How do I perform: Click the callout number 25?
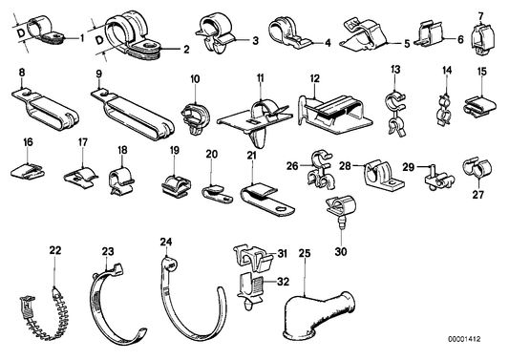click(306, 254)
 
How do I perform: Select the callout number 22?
click(55, 250)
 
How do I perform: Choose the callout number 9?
click(99, 73)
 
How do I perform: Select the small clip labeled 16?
click(31, 172)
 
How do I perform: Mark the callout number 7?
click(481, 14)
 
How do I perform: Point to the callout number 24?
click(166, 243)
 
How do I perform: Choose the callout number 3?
click(256, 40)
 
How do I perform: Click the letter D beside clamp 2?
click(99, 42)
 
